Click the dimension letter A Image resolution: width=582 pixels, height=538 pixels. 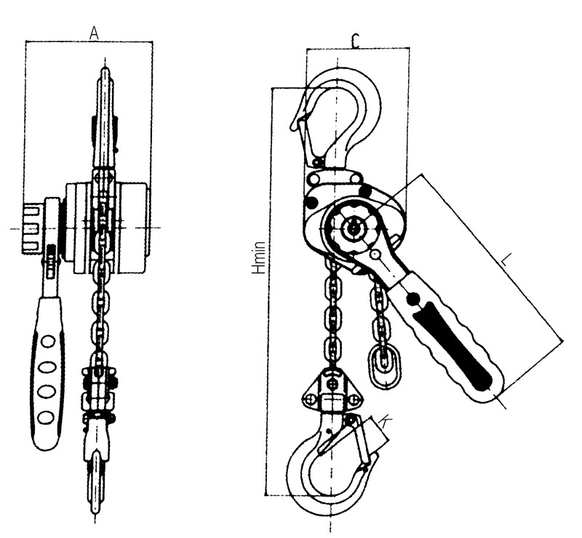point(95,33)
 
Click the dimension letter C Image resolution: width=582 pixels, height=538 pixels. point(356,41)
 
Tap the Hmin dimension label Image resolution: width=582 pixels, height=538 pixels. point(259,257)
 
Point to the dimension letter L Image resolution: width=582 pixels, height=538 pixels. point(505,260)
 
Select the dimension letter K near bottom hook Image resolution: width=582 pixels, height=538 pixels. point(386,422)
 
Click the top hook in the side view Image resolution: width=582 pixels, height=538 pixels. point(336,119)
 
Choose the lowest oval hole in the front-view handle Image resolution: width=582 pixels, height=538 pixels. point(47,417)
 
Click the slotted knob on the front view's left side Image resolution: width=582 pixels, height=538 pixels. point(31,228)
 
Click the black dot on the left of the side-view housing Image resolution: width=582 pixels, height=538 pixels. point(311,202)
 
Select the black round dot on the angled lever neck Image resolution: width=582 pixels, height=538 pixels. point(413,298)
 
